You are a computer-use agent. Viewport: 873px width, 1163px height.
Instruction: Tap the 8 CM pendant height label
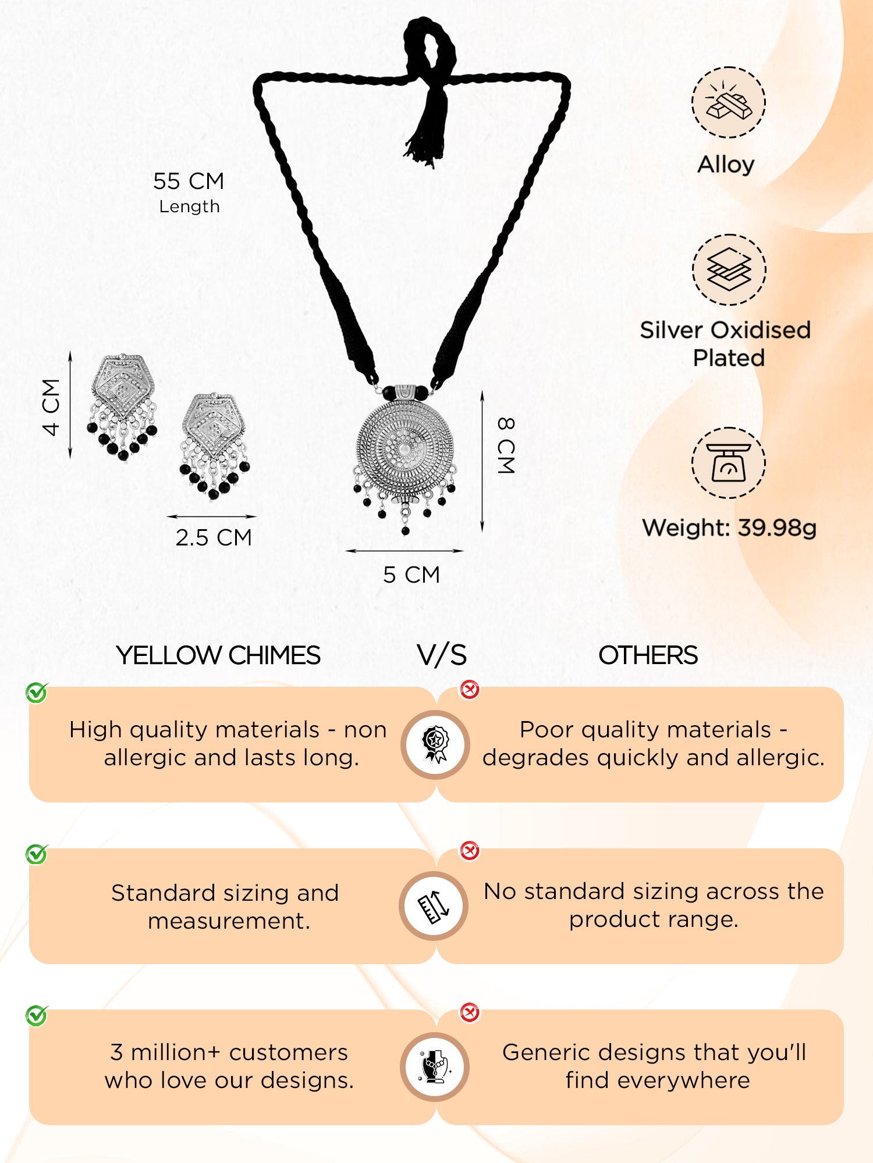coord(506,445)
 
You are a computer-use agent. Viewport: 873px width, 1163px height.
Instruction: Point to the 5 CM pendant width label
coord(411,575)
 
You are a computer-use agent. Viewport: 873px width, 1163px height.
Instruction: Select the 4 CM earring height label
coord(51,406)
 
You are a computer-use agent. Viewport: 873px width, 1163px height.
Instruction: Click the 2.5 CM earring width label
coord(214,537)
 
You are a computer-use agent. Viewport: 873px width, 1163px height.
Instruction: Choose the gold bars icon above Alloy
coord(729,102)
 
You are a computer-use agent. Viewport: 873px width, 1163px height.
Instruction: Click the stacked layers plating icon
coord(729,269)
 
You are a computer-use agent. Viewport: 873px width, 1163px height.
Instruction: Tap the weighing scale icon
coord(729,463)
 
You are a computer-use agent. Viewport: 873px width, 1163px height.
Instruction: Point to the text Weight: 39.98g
coord(729,528)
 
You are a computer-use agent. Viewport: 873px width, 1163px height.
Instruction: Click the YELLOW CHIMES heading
coord(218,655)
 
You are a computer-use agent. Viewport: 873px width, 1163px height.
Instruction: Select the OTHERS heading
coord(648,655)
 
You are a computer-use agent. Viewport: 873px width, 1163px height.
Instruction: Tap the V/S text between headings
coord(442,655)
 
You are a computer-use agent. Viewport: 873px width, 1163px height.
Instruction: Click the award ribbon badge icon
coord(435,744)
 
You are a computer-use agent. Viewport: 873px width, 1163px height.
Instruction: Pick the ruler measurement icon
coord(434,906)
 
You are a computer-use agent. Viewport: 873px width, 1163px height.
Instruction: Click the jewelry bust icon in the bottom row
coord(435,1067)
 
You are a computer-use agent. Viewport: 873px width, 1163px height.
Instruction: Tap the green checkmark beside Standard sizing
coord(37,854)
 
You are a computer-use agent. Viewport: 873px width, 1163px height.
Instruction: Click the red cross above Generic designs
coord(470,1012)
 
